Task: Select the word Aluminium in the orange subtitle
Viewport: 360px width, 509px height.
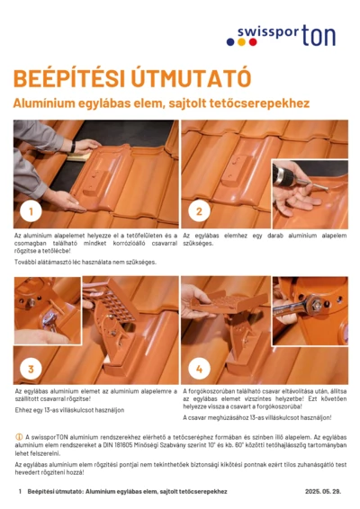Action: (x=44, y=103)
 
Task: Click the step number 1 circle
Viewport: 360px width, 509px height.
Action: (x=31, y=212)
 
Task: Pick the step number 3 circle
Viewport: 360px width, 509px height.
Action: (x=31, y=369)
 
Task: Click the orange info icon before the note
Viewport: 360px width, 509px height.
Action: (x=19, y=436)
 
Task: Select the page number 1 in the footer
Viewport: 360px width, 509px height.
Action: (x=20, y=492)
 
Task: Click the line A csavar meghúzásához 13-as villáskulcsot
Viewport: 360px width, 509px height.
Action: (x=257, y=418)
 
